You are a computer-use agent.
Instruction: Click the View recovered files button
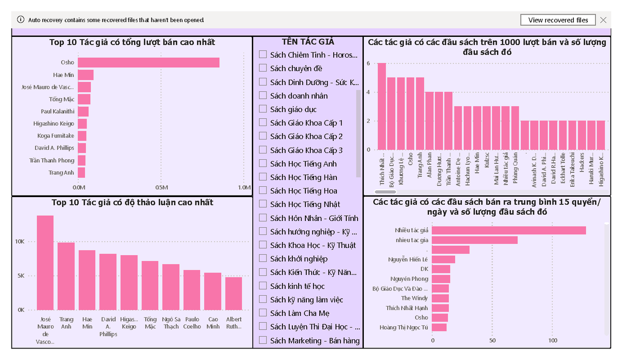pos(558,20)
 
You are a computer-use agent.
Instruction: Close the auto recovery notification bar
pos(603,20)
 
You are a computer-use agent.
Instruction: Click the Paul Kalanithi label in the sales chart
pos(58,112)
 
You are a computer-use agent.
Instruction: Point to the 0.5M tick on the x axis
pos(161,187)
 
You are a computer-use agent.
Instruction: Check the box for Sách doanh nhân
pos(263,95)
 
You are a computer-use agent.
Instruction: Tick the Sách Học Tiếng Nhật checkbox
pos(263,204)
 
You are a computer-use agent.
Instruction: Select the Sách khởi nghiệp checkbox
pos(263,259)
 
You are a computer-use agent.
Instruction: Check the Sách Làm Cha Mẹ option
pos(263,313)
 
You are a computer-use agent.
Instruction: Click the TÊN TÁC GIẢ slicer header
pos(308,42)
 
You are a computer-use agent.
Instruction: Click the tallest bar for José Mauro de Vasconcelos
pos(45,262)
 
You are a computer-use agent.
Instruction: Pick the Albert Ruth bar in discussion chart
pos(234,293)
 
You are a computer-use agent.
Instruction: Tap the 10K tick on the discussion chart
pos(20,242)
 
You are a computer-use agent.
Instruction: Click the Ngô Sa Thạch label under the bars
pos(171,323)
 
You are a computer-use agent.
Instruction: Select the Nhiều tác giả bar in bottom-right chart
pos(508,230)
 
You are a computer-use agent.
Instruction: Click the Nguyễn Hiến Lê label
pos(408,259)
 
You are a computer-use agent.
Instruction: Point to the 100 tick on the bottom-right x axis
pos(553,341)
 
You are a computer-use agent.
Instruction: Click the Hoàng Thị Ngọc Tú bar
pos(439,327)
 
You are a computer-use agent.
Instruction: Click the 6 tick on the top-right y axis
pos(369,63)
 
